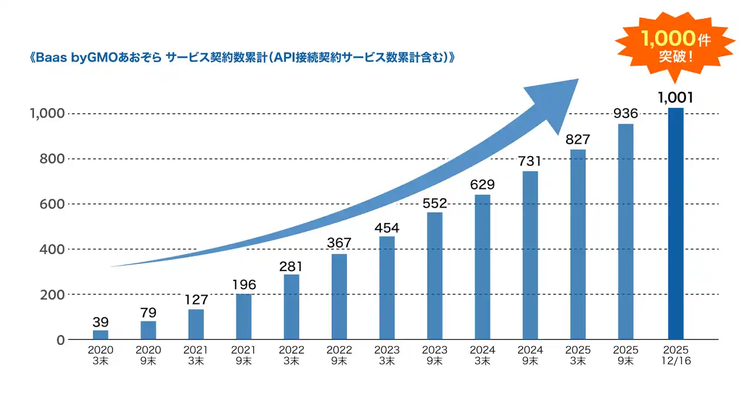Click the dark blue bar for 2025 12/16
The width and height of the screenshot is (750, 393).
(676, 223)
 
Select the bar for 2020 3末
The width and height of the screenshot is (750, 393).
(101, 335)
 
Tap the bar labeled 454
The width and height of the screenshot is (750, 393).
(387, 288)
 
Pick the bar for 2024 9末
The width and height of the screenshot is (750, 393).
(530, 255)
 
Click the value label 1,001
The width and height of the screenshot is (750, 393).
(676, 98)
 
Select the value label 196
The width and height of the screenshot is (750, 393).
(244, 285)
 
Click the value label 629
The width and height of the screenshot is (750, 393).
(482, 185)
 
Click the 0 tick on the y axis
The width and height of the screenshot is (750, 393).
(59, 340)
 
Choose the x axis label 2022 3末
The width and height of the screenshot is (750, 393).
(292, 355)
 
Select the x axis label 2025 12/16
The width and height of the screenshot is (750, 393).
(676, 355)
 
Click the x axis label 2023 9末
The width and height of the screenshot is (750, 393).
(435, 355)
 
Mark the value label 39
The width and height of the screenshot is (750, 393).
(101, 322)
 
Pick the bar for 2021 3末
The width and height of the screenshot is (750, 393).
(196, 324)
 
